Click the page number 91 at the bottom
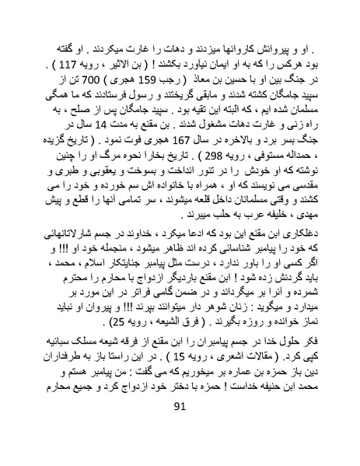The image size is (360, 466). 180,449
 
